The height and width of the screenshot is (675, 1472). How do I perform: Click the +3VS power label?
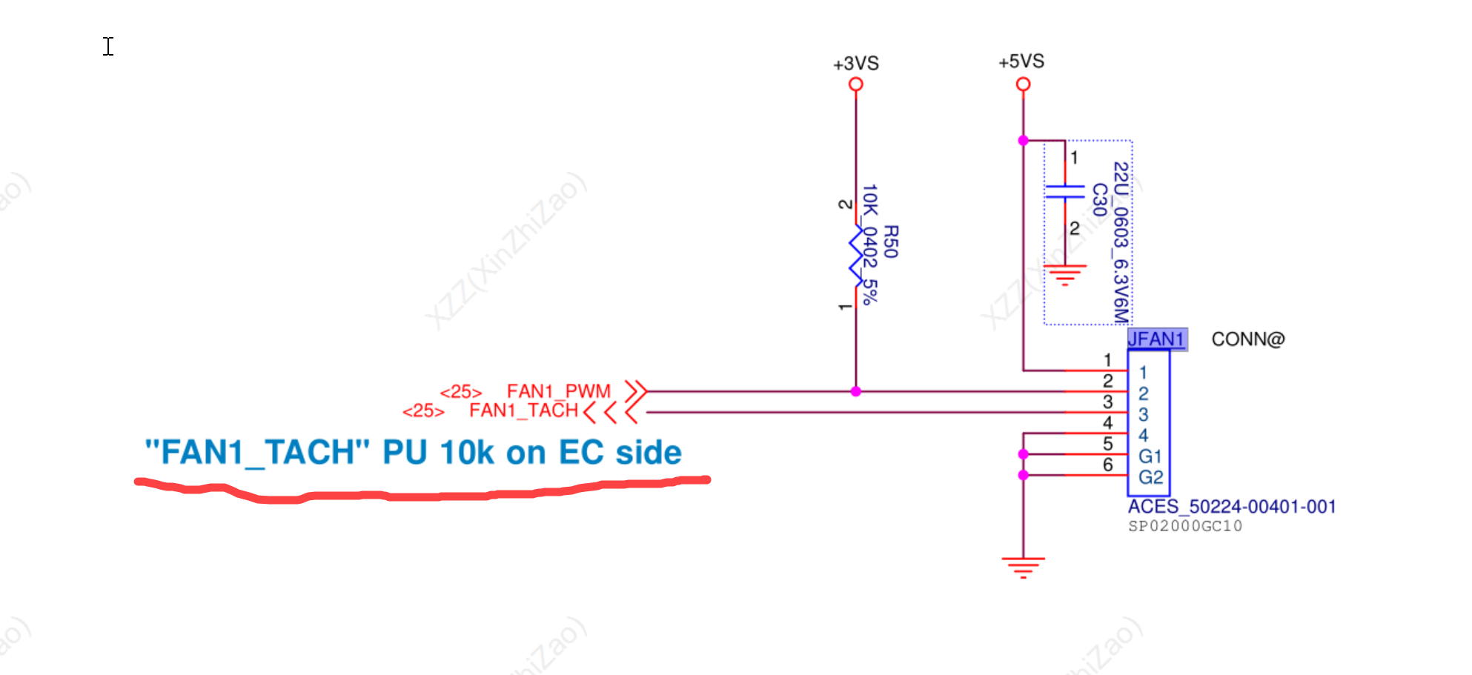855,64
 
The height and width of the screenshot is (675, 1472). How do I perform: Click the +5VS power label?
1021,61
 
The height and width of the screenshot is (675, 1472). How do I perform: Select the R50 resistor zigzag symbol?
856,256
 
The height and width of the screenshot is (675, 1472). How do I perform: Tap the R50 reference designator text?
890,242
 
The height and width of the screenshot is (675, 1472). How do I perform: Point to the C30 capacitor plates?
1064,192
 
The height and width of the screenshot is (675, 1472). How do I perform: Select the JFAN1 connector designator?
1156,339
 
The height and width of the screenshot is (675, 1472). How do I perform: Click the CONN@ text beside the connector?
1247,339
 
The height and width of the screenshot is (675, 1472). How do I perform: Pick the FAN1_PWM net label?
558,391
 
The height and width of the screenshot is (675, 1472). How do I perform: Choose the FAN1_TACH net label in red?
523,410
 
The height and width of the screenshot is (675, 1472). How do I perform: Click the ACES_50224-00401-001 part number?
1231,507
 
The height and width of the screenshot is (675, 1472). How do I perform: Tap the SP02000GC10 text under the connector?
1184,526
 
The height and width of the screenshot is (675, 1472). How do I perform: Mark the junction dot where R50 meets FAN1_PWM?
856,391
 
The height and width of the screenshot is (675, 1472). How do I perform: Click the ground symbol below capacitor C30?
1064,275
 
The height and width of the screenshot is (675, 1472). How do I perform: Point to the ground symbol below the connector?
1023,567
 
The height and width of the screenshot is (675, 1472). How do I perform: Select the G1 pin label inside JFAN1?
1150,456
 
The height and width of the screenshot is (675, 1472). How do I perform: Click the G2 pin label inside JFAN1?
1150,477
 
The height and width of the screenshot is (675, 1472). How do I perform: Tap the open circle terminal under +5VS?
1023,84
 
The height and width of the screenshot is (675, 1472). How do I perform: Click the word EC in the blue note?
581,453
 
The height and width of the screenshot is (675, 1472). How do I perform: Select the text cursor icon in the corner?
108,47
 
